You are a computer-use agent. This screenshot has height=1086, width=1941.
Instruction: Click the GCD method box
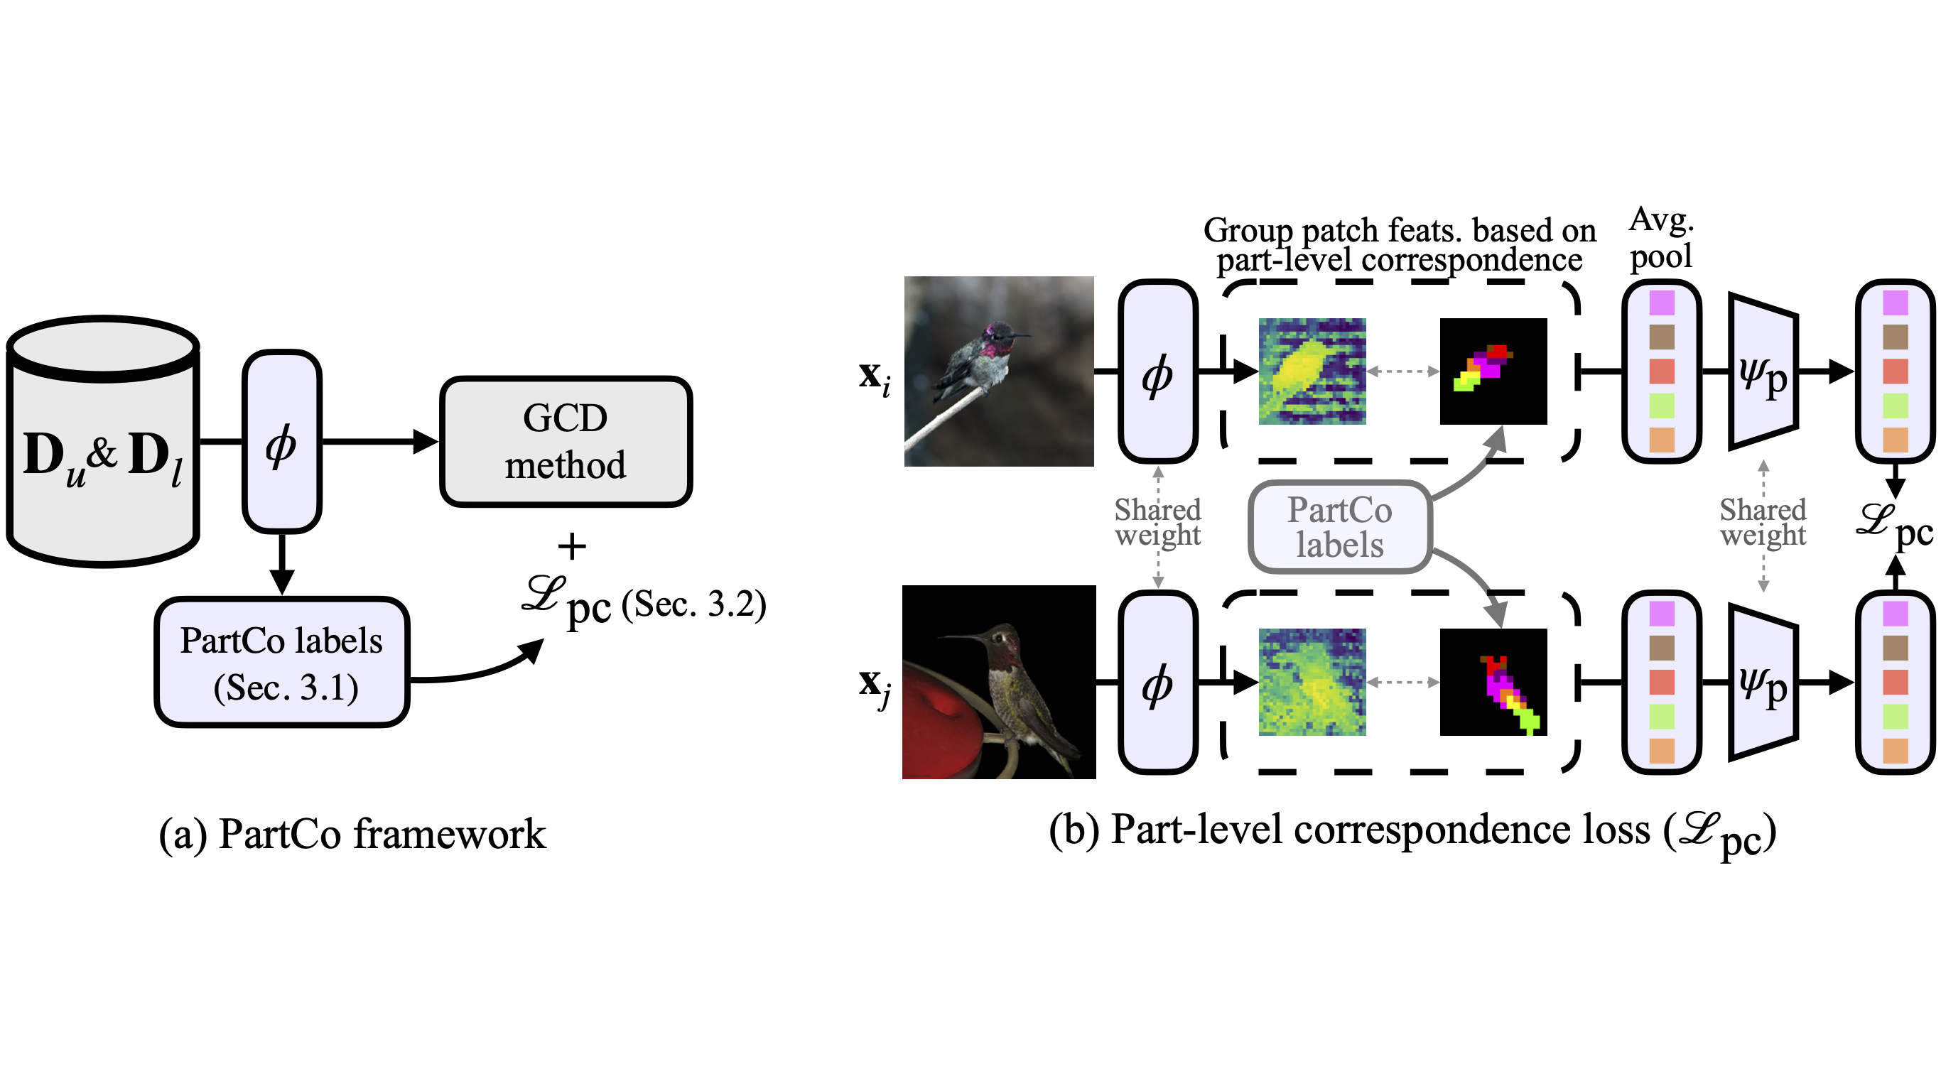[565, 441]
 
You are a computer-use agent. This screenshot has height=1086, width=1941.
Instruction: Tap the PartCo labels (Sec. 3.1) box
[282, 663]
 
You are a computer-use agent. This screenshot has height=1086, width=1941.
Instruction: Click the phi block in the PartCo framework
[282, 442]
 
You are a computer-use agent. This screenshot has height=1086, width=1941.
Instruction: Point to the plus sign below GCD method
[572, 546]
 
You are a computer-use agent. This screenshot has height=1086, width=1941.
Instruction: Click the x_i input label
[874, 376]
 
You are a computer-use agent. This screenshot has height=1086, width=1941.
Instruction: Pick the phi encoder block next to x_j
[1157, 683]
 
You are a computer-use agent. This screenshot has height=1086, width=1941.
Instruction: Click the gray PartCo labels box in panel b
[1340, 527]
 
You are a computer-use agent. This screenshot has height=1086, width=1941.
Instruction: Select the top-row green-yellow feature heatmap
[1312, 371]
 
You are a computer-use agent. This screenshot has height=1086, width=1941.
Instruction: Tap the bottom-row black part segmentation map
[1493, 682]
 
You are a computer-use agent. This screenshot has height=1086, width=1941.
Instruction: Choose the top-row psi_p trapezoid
[1763, 371]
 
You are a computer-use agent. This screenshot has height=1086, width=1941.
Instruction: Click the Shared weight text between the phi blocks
[1157, 522]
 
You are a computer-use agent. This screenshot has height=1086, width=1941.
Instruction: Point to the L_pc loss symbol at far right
[1893, 525]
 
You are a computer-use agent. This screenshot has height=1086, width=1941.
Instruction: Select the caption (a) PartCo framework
[352, 835]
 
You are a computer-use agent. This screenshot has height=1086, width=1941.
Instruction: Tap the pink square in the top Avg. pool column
[1662, 303]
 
